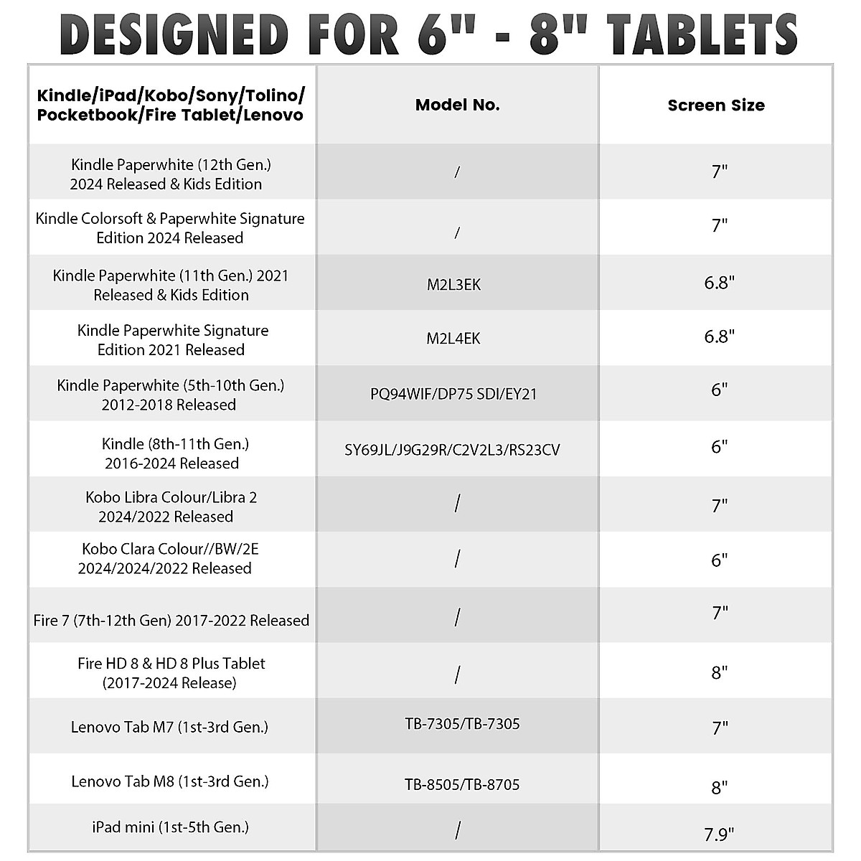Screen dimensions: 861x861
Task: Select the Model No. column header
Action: pyautogui.click(x=457, y=105)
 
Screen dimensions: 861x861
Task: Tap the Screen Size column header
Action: pyautogui.click(x=715, y=105)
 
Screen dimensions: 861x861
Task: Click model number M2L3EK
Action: pyautogui.click(x=453, y=285)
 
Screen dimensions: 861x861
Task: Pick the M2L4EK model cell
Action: pyautogui.click(x=453, y=339)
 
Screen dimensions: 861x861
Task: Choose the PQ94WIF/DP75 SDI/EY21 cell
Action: pyautogui.click(x=453, y=394)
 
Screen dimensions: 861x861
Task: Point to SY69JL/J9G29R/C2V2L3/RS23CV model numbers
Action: pyautogui.click(x=452, y=451)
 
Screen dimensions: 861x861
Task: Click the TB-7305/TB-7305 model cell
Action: pyautogui.click(x=462, y=724)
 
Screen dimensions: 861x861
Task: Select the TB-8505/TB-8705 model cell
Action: pyautogui.click(x=462, y=785)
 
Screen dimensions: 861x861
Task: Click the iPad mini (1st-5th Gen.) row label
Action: pyautogui.click(x=170, y=827)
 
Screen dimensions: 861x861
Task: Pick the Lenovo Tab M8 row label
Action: pyautogui.click(x=170, y=781)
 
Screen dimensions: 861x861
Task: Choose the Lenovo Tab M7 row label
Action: pyautogui.click(x=170, y=727)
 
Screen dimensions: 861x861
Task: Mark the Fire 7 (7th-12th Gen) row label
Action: pyautogui.click(x=171, y=621)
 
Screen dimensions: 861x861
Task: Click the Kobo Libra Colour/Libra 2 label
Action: pyautogui.click(x=171, y=507)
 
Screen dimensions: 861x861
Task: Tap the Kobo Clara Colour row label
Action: pyautogui.click(x=170, y=558)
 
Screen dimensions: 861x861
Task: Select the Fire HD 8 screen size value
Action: pyautogui.click(x=719, y=673)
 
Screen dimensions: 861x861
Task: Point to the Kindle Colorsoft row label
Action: pyautogui.click(x=170, y=228)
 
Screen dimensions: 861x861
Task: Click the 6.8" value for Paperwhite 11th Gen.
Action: pyautogui.click(x=719, y=283)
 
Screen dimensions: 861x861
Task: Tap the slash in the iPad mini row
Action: pyautogui.click(x=457, y=831)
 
